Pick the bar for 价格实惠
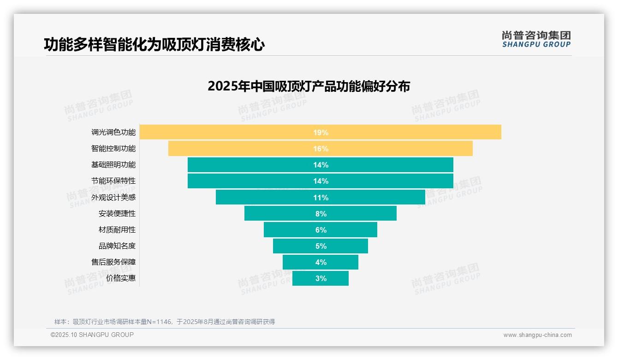pos(304,278)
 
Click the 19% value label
pos(321,132)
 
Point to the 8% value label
pos(321,214)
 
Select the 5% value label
pos(321,246)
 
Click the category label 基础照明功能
pos(113,165)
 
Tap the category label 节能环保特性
pos(113,181)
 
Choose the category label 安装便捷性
pos(117,214)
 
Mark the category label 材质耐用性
pos(117,230)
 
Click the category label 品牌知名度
pos(117,246)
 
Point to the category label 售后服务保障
pos(113,262)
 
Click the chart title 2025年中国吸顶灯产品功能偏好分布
pos(309,86)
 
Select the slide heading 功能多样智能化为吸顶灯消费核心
pos(154,44)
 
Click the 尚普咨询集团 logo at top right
pos(536,39)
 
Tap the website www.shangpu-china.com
pos(537,335)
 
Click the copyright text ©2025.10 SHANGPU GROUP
pos(92,335)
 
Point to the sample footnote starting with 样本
pos(164,322)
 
